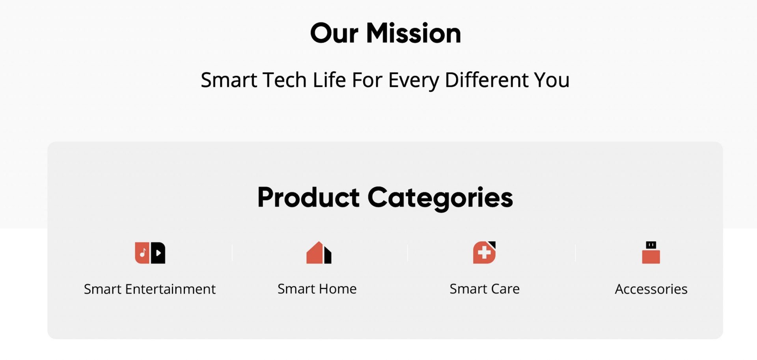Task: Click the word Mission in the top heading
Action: click(x=414, y=33)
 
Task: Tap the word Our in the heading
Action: click(x=334, y=33)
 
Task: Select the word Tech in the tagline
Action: click(x=284, y=80)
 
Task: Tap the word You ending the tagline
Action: click(x=552, y=80)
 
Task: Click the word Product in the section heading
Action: click(x=308, y=197)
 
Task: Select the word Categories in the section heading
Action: click(x=440, y=198)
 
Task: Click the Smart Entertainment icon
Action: click(x=150, y=253)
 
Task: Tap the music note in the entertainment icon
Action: click(x=143, y=253)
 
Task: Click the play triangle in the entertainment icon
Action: click(x=158, y=253)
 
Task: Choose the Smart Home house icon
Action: click(x=319, y=252)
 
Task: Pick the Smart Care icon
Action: click(x=484, y=252)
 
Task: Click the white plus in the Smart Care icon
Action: click(x=484, y=253)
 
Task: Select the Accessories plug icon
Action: click(x=651, y=252)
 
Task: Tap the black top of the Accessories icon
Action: click(x=651, y=245)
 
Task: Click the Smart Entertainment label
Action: click(x=150, y=289)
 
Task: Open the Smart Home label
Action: click(x=317, y=289)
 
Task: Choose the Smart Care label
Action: click(x=485, y=289)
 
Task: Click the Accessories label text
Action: click(x=651, y=289)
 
